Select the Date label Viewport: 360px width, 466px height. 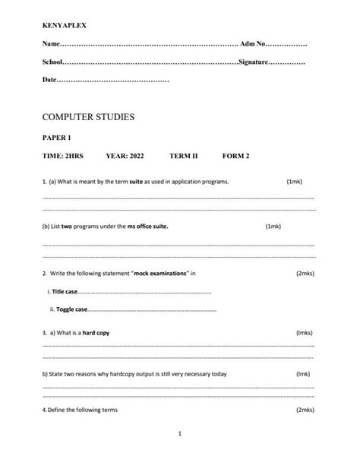pos(49,79)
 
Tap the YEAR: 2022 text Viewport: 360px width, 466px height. pos(125,156)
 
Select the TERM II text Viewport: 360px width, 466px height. pos(183,156)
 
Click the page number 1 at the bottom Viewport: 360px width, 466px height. pos(179,434)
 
